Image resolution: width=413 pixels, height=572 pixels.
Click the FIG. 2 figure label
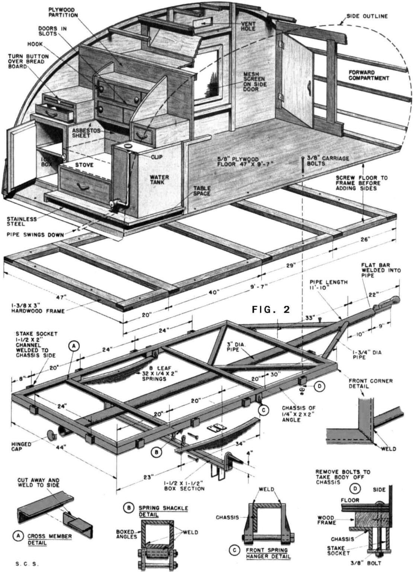pyautogui.click(x=270, y=309)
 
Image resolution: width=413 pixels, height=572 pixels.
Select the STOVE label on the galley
pyautogui.click(x=85, y=164)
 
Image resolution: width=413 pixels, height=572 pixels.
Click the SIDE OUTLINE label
pyautogui.click(x=367, y=16)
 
